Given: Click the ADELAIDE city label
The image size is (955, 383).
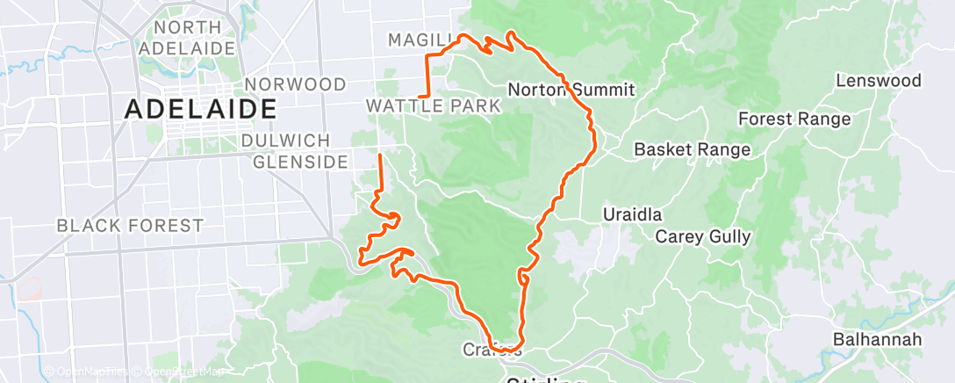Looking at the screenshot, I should click(200, 110).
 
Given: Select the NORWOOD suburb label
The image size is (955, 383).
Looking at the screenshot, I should click(296, 84).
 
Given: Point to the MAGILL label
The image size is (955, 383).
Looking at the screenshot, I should click(420, 40).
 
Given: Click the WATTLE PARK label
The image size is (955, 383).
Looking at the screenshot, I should click(433, 106).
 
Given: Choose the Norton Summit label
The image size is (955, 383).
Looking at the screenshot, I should click(571, 90).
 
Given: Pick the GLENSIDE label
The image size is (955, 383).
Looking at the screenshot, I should click(300, 161).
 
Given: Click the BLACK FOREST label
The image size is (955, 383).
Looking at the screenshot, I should click(130, 226).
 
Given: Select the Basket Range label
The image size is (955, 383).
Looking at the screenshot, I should click(693, 149).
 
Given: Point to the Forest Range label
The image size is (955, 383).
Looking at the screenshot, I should click(794, 119).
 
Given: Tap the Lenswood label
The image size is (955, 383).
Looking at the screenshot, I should click(879, 81).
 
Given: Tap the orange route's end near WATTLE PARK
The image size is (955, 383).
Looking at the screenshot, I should click(427, 94).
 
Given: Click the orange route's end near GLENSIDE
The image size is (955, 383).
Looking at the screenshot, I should click(380, 155).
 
